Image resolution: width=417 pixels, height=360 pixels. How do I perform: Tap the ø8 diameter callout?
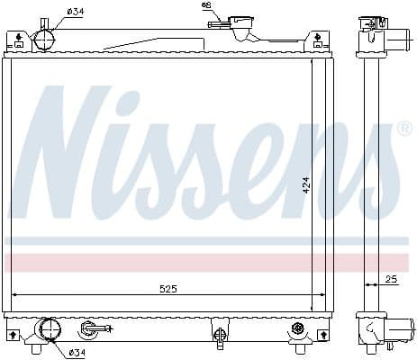205,6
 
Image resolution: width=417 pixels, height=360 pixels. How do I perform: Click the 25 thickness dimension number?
390,280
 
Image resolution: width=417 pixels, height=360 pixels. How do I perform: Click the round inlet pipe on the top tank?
44,40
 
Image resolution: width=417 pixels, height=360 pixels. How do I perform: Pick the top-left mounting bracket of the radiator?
17,40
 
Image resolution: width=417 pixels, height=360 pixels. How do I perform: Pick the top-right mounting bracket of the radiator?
317,40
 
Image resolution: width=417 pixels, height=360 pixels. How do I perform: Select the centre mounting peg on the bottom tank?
219,334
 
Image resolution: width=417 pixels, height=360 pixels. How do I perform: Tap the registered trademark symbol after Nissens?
404,129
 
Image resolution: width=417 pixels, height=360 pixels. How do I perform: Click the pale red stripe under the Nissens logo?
207,262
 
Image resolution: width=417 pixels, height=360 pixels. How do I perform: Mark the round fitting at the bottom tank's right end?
298,334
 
